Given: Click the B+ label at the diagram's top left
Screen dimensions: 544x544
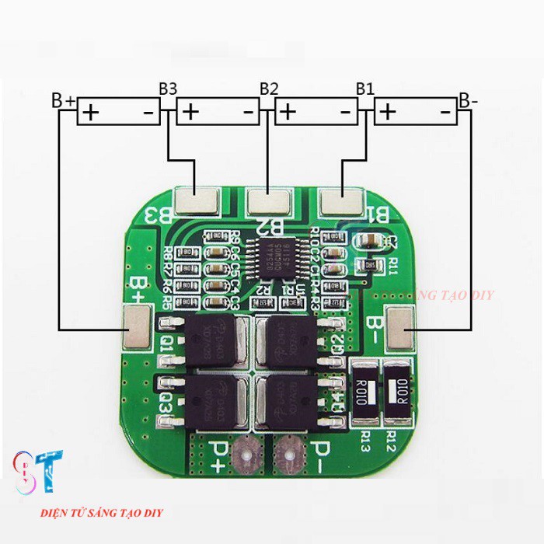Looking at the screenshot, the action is pyautogui.click(x=63, y=101).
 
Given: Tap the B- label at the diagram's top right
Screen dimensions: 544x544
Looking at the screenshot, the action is pyautogui.click(x=468, y=100).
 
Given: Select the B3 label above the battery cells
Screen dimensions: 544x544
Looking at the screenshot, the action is pyautogui.click(x=168, y=88).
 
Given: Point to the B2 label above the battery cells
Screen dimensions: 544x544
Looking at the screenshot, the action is pyautogui.click(x=269, y=88).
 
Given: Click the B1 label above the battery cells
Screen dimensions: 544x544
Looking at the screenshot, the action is pyautogui.click(x=365, y=88).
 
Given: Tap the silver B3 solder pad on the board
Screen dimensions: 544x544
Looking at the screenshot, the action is pyautogui.click(x=197, y=201).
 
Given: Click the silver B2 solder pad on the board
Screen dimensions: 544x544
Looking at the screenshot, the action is pyautogui.click(x=269, y=203).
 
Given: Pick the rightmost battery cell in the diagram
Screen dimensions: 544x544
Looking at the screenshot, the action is pyautogui.click(x=415, y=113).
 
